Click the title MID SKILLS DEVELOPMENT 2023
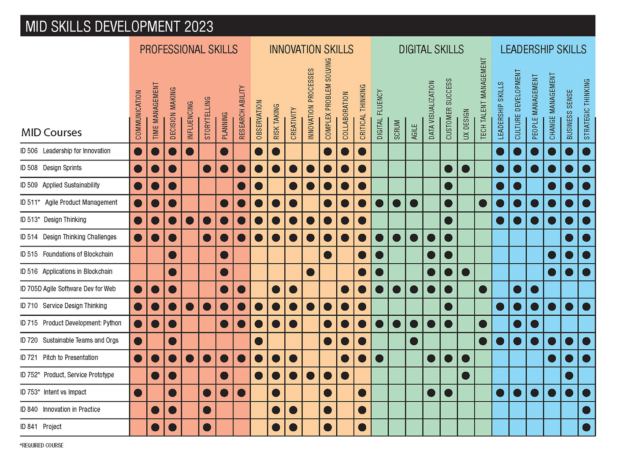point(119,26)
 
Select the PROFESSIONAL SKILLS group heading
point(189,49)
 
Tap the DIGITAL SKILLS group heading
point(431,49)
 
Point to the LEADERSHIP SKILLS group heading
point(543,49)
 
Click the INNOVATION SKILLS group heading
point(311,49)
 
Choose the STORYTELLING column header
point(207,118)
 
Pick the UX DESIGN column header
point(466,124)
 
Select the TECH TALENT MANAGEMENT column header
point(483,99)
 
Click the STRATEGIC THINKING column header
point(587,109)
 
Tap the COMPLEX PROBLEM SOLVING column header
point(328,100)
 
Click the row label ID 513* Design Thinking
point(53,220)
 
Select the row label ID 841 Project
point(41,426)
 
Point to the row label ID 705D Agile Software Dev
point(68,289)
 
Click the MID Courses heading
point(52,132)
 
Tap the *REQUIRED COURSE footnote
point(42,445)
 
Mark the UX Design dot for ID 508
point(466,168)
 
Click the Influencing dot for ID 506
point(190,151)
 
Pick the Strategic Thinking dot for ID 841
point(587,427)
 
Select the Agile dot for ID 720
point(414,341)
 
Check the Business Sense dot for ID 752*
point(569,375)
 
